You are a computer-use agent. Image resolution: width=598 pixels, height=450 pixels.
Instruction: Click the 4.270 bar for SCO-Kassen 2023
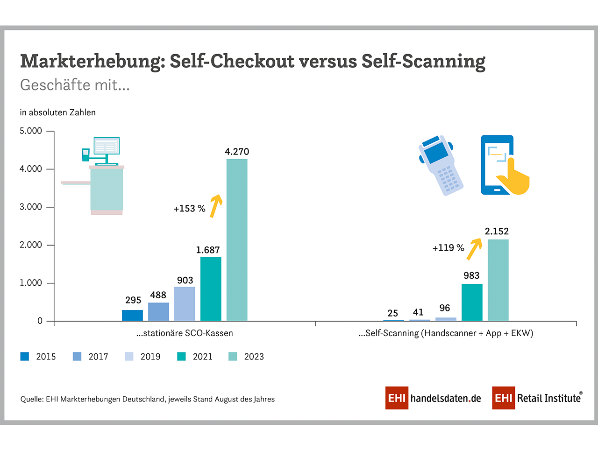point(237,240)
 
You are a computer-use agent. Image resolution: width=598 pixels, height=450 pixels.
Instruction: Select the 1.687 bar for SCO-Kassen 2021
point(211,289)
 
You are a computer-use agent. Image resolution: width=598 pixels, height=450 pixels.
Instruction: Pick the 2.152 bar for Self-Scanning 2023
point(498,280)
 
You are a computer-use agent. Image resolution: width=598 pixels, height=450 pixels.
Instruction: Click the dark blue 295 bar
point(132,316)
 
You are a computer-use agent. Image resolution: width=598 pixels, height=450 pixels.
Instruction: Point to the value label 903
point(185,280)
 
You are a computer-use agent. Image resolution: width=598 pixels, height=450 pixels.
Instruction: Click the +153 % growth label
point(189,209)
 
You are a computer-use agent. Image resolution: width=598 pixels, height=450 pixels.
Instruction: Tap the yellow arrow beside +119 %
point(474,248)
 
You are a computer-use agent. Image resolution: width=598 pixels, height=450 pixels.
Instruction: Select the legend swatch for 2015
point(25,357)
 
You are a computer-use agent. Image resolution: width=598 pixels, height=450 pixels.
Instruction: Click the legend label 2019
point(150,357)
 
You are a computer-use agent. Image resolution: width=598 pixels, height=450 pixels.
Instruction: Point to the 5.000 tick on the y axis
point(31,131)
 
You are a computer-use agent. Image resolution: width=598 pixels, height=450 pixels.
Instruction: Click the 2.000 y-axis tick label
point(31,245)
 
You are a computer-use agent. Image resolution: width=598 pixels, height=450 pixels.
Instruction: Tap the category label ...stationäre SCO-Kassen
point(185,333)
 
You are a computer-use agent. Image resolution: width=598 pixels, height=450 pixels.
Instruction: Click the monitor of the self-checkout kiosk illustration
point(106,146)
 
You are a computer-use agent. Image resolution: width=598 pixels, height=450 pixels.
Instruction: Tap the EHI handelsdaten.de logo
point(433,398)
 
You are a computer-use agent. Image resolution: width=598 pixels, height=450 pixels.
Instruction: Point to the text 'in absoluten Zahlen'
point(57,112)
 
